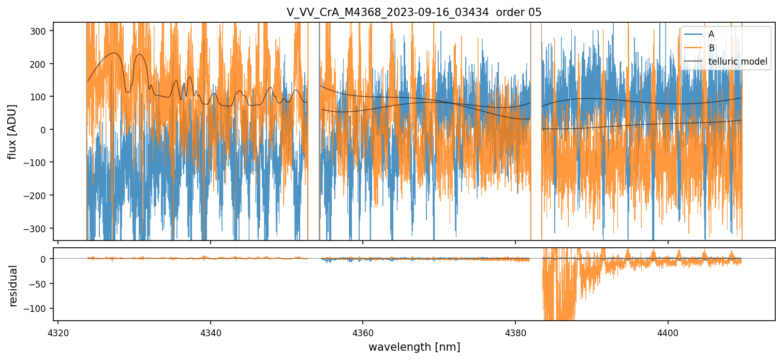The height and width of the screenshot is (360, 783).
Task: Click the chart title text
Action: [x=414, y=12]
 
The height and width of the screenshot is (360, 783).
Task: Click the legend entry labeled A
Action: [x=711, y=34]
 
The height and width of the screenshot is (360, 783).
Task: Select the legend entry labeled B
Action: [x=711, y=48]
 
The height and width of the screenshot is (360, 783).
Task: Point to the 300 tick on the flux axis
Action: [x=40, y=31]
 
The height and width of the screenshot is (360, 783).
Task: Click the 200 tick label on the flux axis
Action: [x=40, y=64]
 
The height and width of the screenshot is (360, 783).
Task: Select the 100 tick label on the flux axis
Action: [x=40, y=97]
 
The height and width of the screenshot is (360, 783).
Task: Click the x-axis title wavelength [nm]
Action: [x=414, y=346]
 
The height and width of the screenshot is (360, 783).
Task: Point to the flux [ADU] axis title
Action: [x=12, y=131]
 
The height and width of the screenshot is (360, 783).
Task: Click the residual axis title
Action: [x=13, y=286]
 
